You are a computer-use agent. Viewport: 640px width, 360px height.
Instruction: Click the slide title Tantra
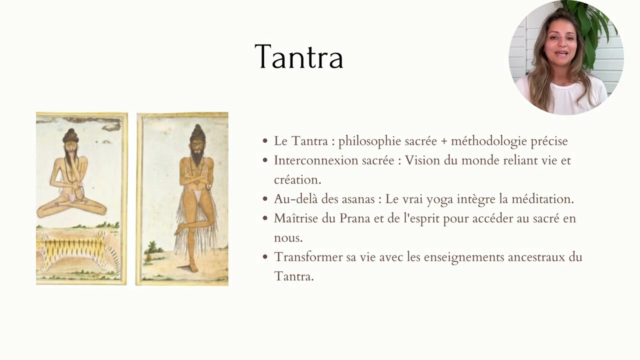(x=298, y=56)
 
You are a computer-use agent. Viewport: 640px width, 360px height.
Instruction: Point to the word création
(x=297, y=179)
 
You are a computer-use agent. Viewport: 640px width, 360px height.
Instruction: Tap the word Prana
(x=372, y=218)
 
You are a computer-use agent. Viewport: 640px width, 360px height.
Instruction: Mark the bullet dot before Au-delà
(x=265, y=199)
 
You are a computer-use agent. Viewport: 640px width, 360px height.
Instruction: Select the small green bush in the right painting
(x=152, y=248)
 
